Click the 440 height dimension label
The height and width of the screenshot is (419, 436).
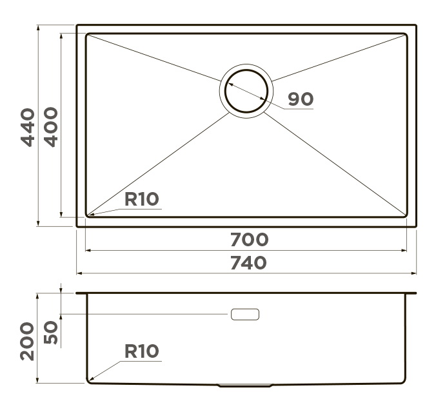point(28,127)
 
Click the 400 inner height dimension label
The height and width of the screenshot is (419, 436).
point(51,127)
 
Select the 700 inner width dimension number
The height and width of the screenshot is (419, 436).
point(250,240)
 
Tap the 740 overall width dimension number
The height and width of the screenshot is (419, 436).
point(248,263)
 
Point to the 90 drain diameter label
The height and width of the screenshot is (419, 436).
point(301,99)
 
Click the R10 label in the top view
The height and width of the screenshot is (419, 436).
point(141,199)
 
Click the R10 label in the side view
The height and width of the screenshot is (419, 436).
point(141,351)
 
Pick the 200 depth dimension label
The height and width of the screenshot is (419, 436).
point(27,341)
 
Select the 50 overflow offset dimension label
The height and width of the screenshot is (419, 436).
point(51,333)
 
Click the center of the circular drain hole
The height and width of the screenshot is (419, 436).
point(246,91)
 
